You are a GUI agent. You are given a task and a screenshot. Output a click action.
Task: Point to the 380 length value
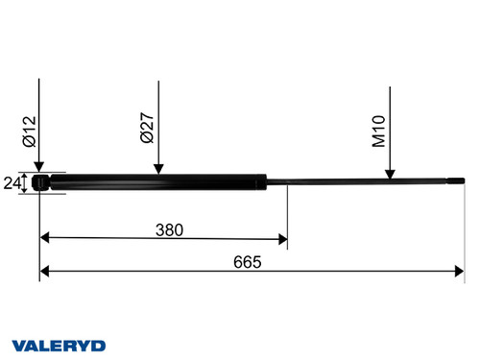pos(169,230)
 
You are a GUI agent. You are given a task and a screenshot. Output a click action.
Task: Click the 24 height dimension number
pos(13,182)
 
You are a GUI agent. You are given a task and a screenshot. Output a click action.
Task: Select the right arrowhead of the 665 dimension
pos(460,272)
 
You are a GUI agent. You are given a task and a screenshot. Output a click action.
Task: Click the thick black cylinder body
pos(154,182)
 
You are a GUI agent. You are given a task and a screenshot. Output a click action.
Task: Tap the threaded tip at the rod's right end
pos(455,181)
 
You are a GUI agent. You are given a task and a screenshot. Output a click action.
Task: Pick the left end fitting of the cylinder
pos(40,182)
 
